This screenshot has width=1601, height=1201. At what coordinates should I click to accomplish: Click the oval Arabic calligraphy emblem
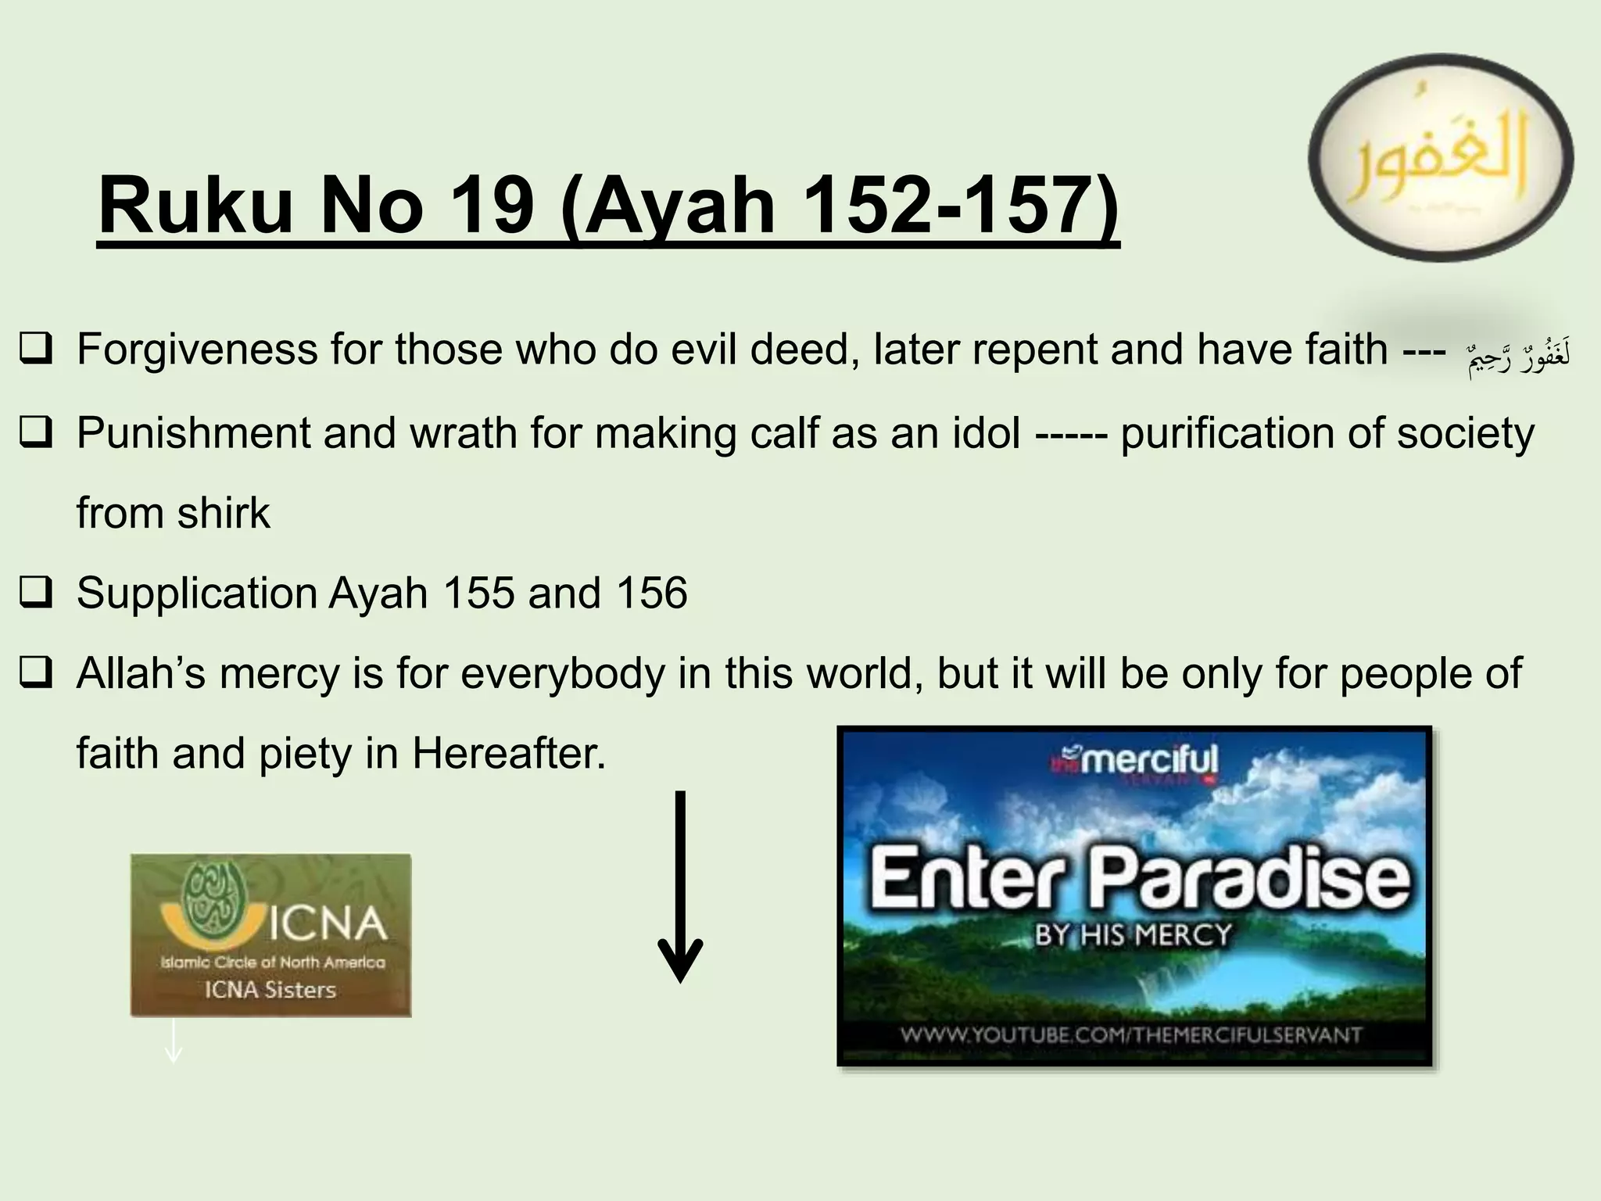[x=1440, y=157]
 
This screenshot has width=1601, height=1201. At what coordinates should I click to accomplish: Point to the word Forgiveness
[x=197, y=350]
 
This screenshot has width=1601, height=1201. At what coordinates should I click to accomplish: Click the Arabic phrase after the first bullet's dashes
[x=1518, y=357]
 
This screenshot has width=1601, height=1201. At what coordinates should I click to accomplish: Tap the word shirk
[x=224, y=514]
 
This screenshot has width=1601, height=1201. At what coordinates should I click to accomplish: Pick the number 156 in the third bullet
[x=652, y=593]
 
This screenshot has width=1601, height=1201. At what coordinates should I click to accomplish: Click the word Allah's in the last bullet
[x=141, y=673]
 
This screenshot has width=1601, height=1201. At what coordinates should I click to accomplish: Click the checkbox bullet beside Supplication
[x=37, y=592]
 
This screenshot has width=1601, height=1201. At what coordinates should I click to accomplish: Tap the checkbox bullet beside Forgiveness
[x=37, y=349]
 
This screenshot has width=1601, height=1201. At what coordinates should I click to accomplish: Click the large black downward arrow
[x=680, y=887]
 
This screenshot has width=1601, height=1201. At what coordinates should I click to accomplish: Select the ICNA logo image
[x=270, y=935]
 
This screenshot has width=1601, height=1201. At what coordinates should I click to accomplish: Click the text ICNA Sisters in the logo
[x=270, y=990]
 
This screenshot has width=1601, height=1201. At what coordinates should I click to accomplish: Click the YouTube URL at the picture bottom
[x=1131, y=1035]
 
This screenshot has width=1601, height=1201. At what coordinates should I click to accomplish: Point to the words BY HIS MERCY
[x=1133, y=934]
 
